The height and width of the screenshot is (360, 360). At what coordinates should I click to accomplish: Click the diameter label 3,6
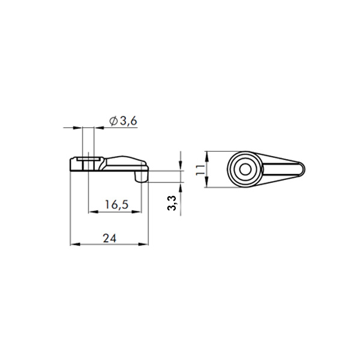coord(129,121)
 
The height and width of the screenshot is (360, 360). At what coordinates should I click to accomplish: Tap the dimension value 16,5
coord(116,204)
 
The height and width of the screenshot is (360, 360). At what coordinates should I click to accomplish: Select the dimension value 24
coord(110,238)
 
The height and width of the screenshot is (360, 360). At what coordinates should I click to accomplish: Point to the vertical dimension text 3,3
coord(172,203)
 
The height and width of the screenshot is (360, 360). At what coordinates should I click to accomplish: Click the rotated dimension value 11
coord(200,170)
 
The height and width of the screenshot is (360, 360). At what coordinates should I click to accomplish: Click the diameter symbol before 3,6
coord(113,121)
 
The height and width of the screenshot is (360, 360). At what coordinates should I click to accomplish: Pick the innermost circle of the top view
coord(245,169)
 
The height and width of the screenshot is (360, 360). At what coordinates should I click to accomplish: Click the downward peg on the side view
coord(142,176)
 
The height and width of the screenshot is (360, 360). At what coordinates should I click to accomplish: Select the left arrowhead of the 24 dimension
coord(75,245)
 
